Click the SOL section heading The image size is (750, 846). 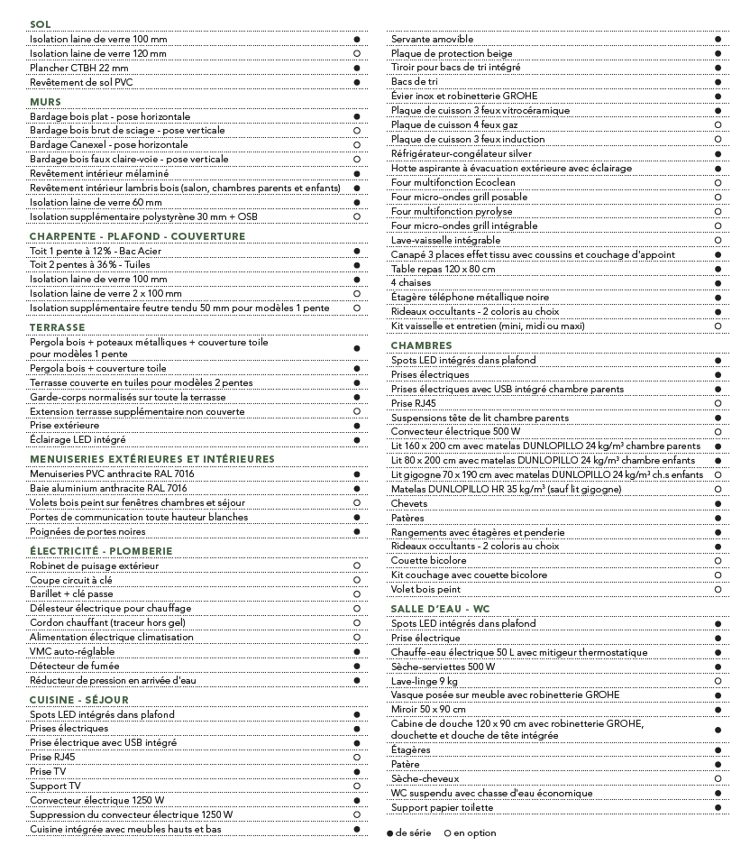41,24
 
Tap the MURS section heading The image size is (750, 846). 45,102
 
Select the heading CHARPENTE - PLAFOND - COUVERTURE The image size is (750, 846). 137,236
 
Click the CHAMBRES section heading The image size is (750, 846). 421,345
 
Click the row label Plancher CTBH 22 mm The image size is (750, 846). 79,68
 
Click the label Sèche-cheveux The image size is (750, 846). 425,778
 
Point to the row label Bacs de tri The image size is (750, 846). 415,82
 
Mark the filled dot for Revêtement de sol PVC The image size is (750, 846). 357,82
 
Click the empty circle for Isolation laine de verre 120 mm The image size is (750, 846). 357,54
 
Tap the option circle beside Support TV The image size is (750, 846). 357,786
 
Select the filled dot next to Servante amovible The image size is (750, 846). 718,40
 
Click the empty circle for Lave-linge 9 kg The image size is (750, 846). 718,681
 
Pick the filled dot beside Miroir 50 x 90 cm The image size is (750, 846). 718,710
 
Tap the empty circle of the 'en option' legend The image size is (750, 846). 448,833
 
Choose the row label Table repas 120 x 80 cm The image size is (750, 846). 443,269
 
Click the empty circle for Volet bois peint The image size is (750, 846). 718,590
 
